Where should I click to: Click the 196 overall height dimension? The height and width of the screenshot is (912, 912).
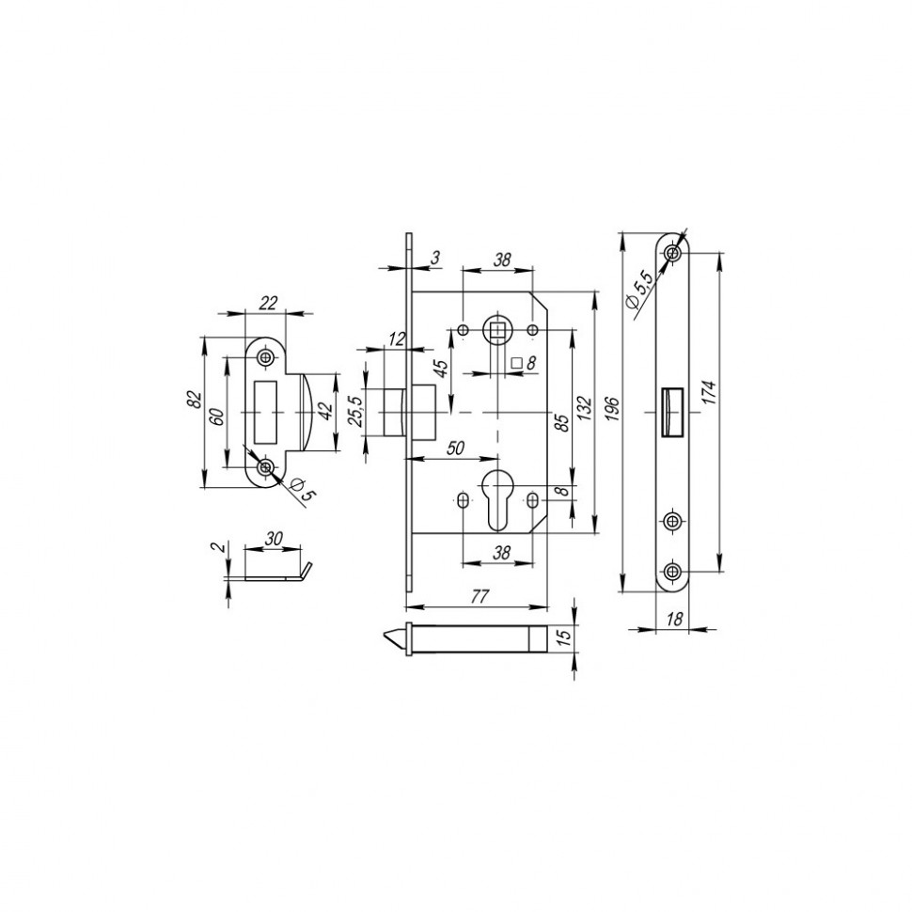point(612,409)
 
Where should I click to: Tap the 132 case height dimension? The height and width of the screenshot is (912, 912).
point(584,411)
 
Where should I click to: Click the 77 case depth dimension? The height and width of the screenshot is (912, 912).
point(480,594)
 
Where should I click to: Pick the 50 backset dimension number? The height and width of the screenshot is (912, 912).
point(454,449)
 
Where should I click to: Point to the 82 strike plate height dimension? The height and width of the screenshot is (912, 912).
point(196,399)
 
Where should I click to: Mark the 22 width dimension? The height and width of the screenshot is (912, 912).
point(268,302)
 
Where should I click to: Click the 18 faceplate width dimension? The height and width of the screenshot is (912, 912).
point(673,620)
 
